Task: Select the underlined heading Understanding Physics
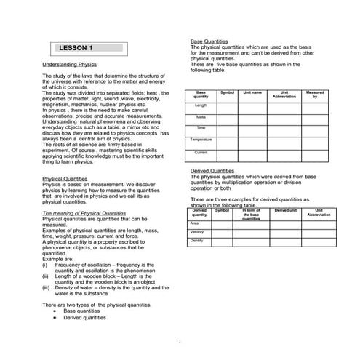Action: click(x=69, y=65)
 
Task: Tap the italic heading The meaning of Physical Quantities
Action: click(x=84, y=213)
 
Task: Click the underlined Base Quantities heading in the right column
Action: click(x=209, y=41)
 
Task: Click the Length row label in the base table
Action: click(x=201, y=105)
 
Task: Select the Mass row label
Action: click(x=201, y=117)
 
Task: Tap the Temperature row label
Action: click(x=201, y=140)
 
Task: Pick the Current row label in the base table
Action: click(x=201, y=153)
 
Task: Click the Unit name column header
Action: click(x=252, y=93)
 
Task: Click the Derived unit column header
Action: click(x=286, y=210)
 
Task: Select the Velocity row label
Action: click(x=196, y=231)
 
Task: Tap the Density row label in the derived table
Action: click(x=196, y=241)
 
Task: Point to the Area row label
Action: click(x=194, y=223)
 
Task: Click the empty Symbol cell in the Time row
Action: click(x=227, y=128)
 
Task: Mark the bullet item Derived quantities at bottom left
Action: click(x=84, y=317)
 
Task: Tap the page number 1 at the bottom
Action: click(x=180, y=340)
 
